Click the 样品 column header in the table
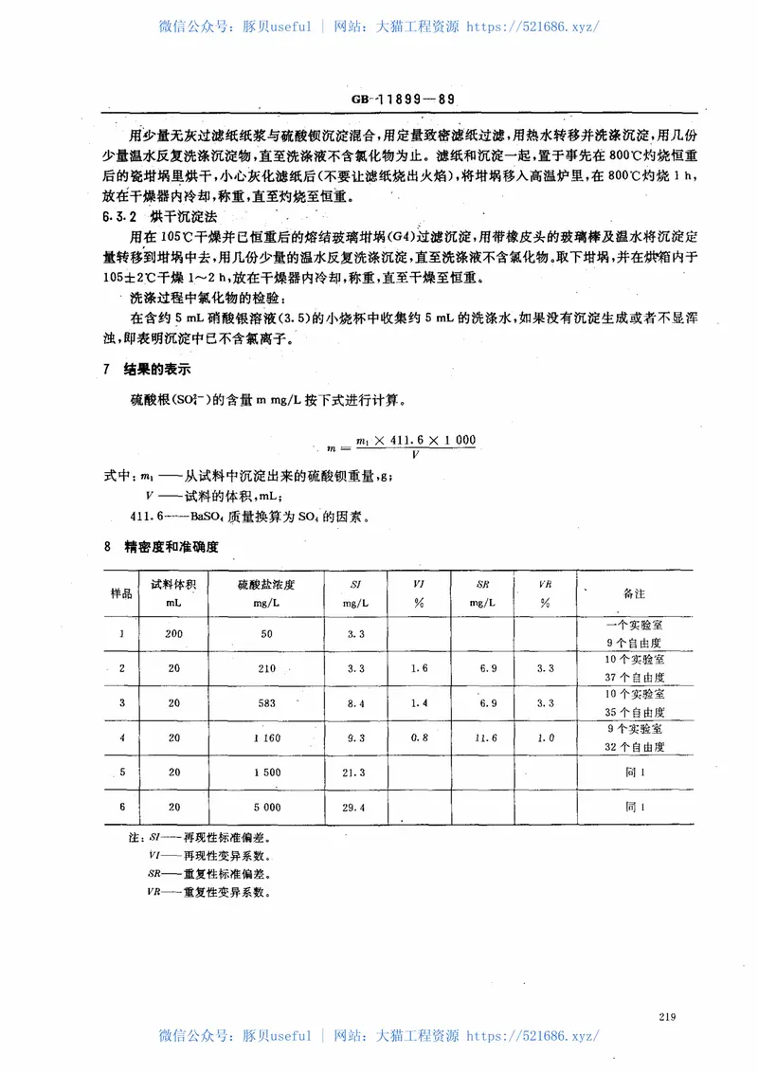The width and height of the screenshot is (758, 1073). click(x=121, y=592)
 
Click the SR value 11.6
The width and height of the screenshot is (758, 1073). click(x=489, y=737)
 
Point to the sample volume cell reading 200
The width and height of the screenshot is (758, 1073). click(x=173, y=633)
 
